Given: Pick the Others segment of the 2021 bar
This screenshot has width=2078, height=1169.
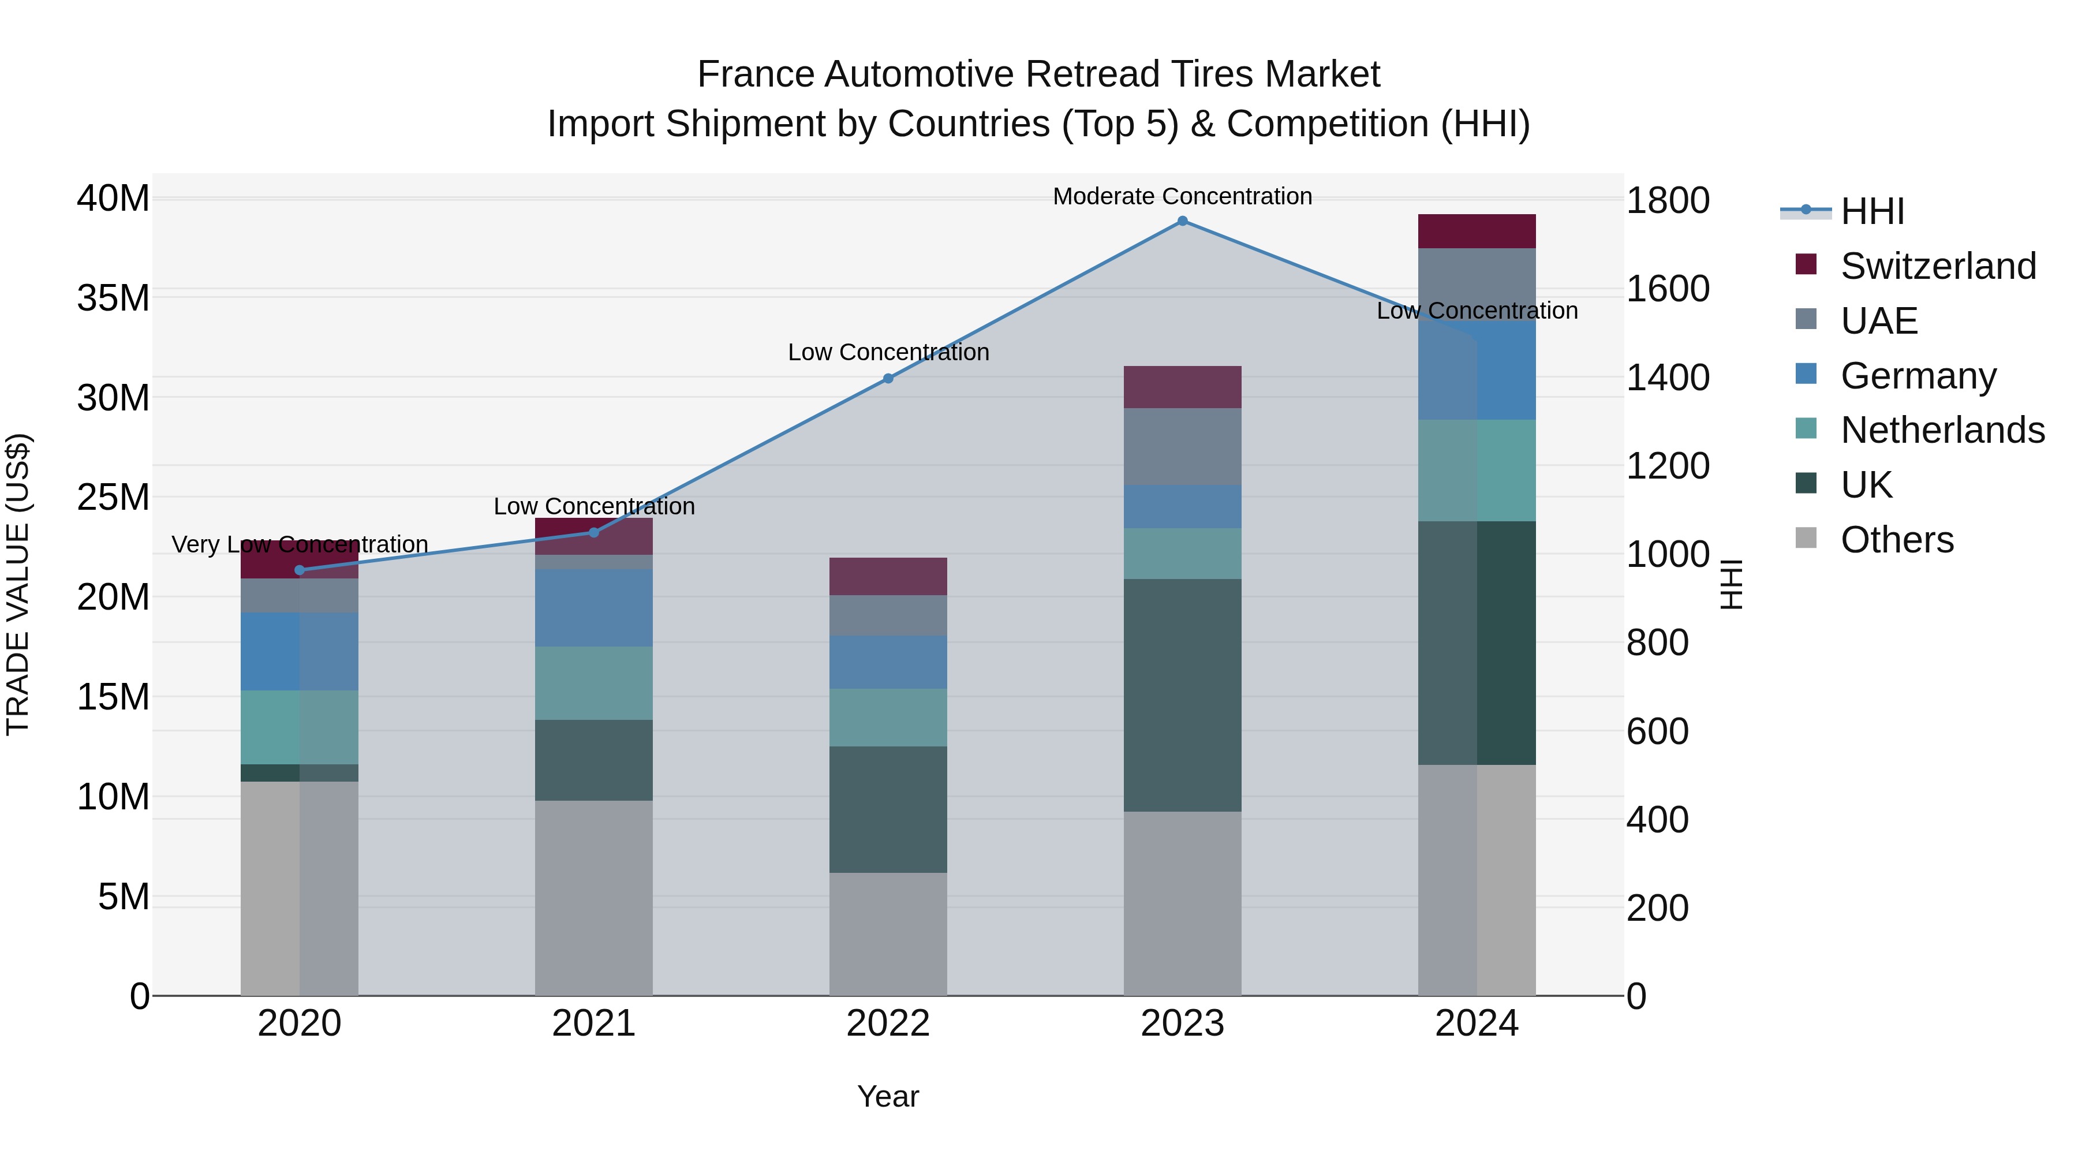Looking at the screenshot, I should pos(594,897).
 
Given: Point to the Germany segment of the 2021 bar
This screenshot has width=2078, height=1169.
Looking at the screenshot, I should pos(594,608).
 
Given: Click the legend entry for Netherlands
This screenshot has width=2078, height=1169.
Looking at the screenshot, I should pos(1942,430).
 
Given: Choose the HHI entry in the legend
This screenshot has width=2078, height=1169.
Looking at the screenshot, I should pos(1871,211).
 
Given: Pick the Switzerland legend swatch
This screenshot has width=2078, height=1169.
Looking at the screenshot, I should pos(1806,264).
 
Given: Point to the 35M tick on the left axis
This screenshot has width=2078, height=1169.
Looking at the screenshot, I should pos(113,298).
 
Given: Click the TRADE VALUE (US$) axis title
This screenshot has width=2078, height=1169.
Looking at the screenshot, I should pos(18,584).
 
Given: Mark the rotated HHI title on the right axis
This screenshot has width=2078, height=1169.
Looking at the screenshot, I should pos(1731,584).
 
